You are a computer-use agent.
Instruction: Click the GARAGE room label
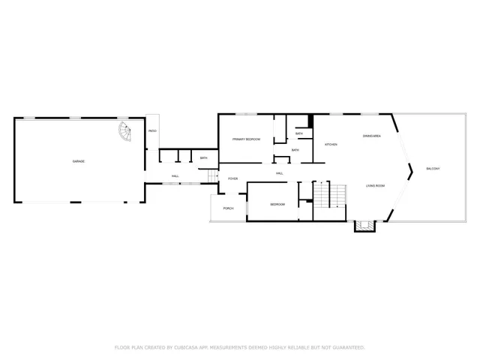click(78, 162)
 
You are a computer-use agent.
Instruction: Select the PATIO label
click(152, 131)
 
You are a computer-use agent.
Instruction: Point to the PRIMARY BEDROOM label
click(245, 139)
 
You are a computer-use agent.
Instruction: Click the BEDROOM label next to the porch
click(277, 204)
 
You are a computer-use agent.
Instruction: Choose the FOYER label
click(233, 178)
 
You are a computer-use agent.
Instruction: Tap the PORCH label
click(228, 208)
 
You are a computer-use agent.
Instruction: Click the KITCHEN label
click(331, 144)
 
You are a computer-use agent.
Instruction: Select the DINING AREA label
click(373, 136)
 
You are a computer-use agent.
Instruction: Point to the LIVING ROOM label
click(375, 185)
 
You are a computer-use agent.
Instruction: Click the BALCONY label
click(433, 169)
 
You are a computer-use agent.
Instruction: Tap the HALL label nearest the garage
click(175, 176)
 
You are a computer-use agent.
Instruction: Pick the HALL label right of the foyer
click(279, 173)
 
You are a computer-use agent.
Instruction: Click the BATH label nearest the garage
click(203, 157)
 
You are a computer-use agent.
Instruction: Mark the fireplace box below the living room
click(365, 225)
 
